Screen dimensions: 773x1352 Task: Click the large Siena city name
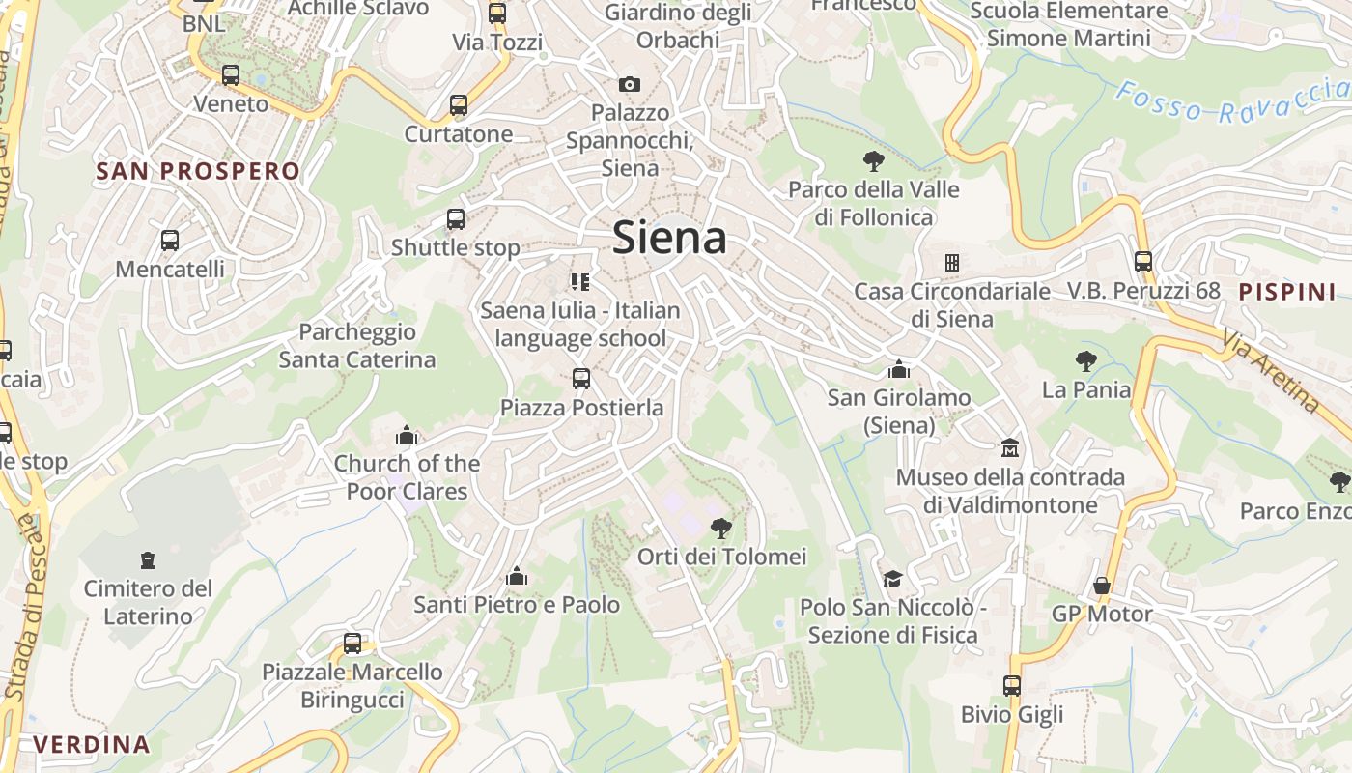click(x=669, y=238)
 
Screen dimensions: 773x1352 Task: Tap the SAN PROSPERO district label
click(x=198, y=172)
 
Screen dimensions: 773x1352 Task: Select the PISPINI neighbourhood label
click(x=1287, y=291)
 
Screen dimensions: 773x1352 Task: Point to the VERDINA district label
click(x=92, y=744)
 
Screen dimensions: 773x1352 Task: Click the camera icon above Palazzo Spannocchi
click(x=630, y=84)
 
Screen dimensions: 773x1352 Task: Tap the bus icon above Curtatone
click(x=459, y=105)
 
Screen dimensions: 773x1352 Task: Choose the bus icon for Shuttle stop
click(x=456, y=219)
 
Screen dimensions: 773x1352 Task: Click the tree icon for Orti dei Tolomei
click(x=720, y=528)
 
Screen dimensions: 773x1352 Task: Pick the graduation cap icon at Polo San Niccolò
click(x=892, y=579)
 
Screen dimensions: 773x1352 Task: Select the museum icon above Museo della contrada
click(x=1010, y=448)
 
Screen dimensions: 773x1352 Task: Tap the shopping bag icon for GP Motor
click(x=1101, y=586)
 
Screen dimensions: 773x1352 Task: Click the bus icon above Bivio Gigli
click(x=1012, y=686)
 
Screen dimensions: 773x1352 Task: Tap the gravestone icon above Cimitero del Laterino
click(x=148, y=559)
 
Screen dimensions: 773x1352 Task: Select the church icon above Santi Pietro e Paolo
click(x=517, y=577)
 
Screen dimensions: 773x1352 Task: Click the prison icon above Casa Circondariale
click(x=951, y=263)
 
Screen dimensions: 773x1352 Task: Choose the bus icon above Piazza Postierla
click(x=581, y=379)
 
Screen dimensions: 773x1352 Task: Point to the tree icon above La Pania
click(x=1086, y=361)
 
